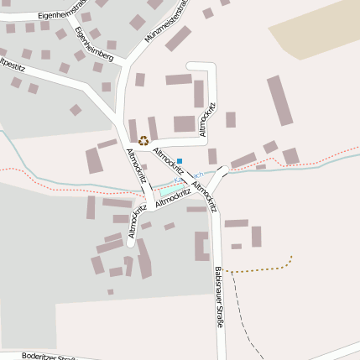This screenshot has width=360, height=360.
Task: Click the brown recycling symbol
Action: pyautogui.click(x=143, y=141)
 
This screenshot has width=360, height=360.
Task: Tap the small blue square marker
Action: pyautogui.click(x=180, y=160)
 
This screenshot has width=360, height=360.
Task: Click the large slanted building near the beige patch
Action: pyautogui.click(x=279, y=100)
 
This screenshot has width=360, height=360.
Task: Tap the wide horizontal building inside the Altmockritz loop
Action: pyautogui.click(x=179, y=80)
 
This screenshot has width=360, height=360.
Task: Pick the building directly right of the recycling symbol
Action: pyautogui.click(x=154, y=128)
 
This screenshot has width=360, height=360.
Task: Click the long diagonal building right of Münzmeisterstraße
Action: pyautogui.click(x=177, y=39)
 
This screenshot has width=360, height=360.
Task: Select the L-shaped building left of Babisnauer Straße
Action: pyautogui.click(x=201, y=246)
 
